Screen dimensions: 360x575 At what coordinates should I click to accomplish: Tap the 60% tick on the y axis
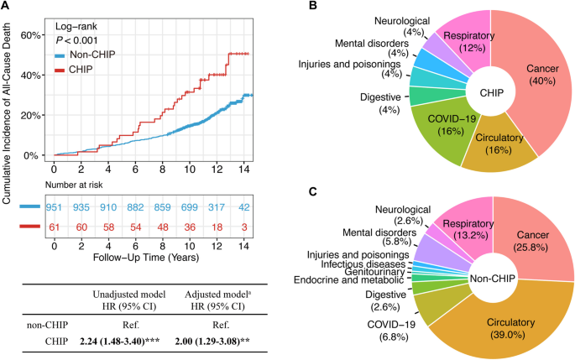point(30,35)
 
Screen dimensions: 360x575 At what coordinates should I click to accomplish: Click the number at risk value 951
point(55,206)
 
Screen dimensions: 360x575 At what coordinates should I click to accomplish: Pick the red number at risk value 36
point(191,227)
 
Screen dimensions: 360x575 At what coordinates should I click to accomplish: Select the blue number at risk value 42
point(243,206)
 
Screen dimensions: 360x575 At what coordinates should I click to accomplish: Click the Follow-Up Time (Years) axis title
point(149,261)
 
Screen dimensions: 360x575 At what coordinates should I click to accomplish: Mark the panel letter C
point(313,191)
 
